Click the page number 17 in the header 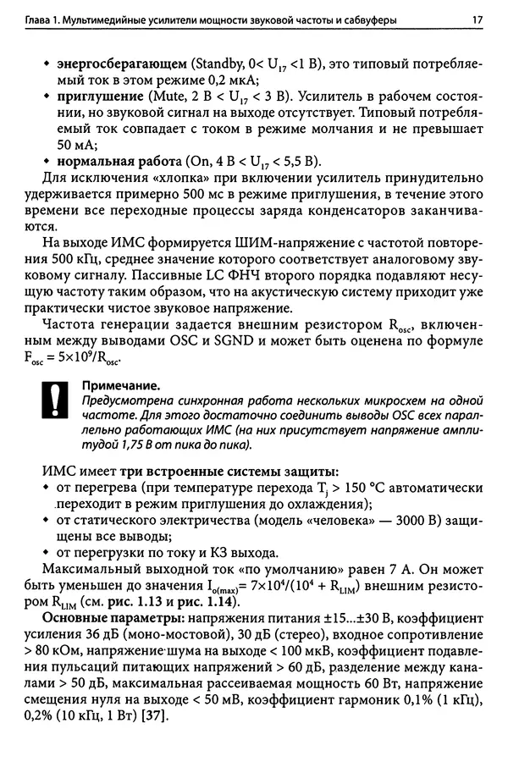click(x=477, y=16)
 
